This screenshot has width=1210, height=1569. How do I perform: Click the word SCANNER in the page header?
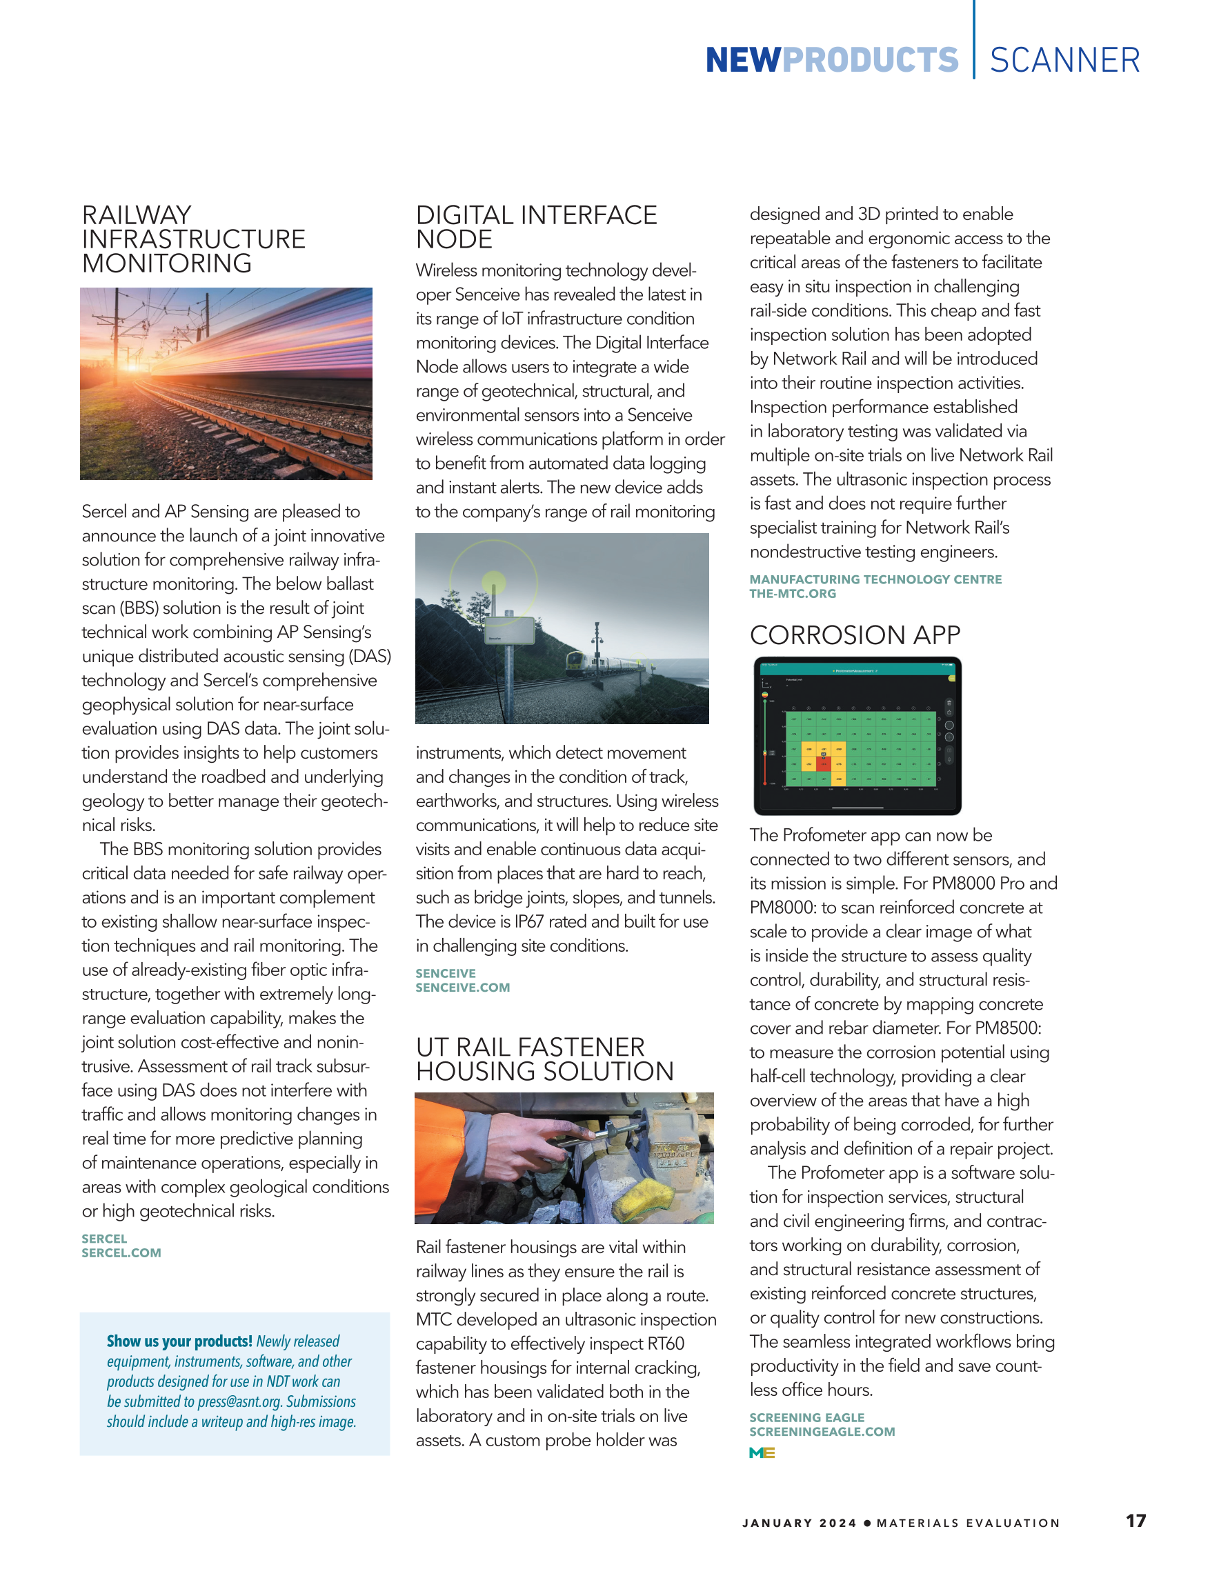pyautogui.click(x=1064, y=61)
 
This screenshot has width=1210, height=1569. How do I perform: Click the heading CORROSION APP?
pyautogui.click(x=854, y=635)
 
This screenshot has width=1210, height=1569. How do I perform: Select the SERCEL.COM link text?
pyautogui.click(x=121, y=1253)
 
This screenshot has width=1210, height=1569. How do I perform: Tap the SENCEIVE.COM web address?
pyautogui.click(x=463, y=988)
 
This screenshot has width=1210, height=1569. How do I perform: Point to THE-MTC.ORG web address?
pyautogui.click(x=793, y=594)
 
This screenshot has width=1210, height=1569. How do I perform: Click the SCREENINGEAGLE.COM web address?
pyautogui.click(x=822, y=1432)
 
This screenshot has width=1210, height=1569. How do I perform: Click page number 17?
pyautogui.click(x=1135, y=1520)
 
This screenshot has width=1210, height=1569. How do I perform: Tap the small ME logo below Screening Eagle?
pyautogui.click(x=762, y=1452)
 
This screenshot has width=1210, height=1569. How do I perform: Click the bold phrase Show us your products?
pyautogui.click(x=179, y=1341)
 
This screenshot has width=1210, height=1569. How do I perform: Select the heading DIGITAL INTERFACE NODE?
pyautogui.click(x=536, y=227)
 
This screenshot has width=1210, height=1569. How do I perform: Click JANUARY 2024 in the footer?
pyautogui.click(x=799, y=1523)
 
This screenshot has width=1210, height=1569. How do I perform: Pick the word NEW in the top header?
pyautogui.click(x=742, y=61)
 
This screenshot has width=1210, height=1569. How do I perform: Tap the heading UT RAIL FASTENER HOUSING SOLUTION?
pyautogui.click(x=544, y=1059)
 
